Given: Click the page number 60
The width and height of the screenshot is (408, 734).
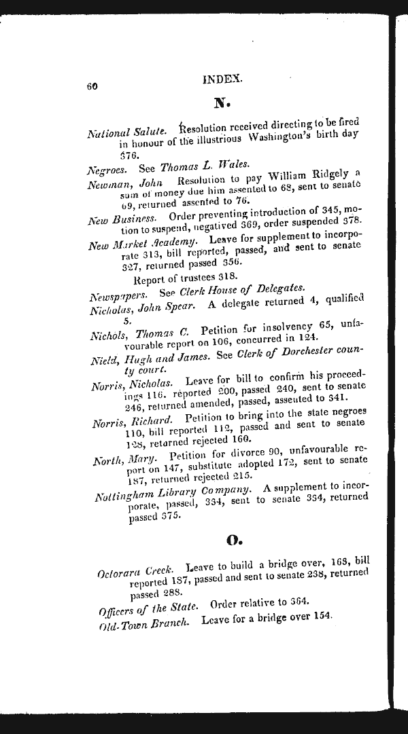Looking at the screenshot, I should click(93, 86).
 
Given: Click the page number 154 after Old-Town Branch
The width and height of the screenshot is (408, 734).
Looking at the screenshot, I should click(322, 616).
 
